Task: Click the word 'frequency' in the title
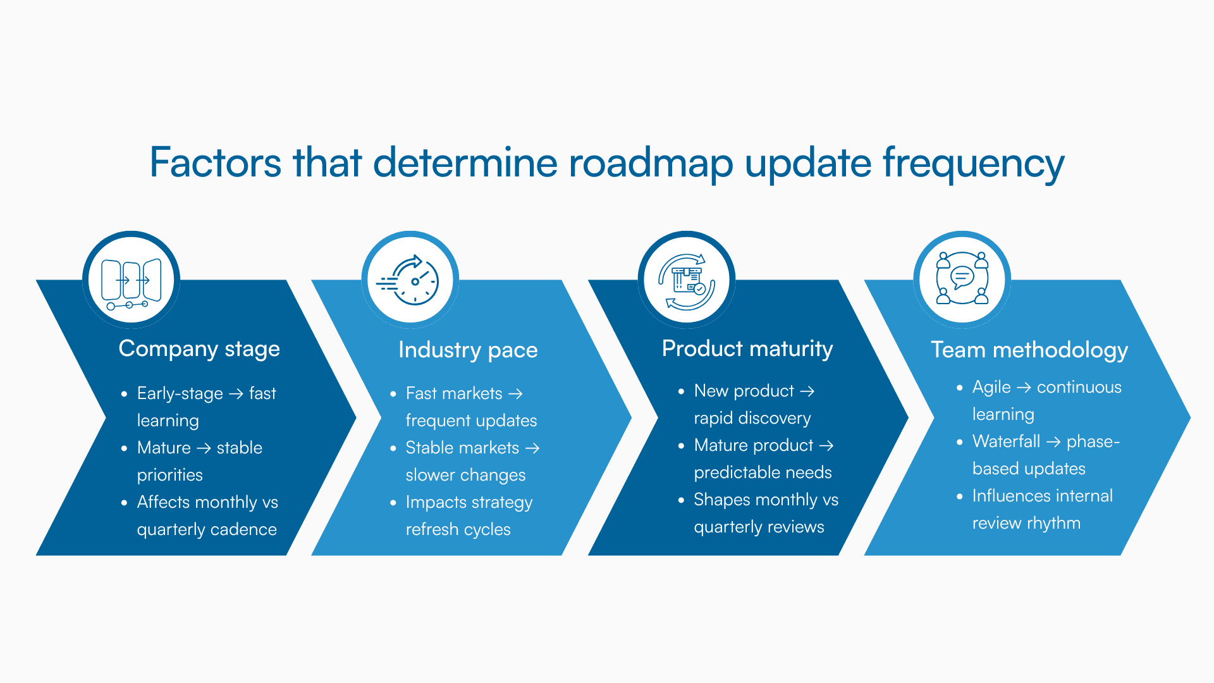click(x=973, y=163)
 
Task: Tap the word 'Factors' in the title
click(x=215, y=163)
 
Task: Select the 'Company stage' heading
click(x=199, y=348)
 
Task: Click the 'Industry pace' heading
click(x=468, y=350)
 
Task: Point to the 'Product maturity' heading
click(x=747, y=348)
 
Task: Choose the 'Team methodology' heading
click(x=1029, y=350)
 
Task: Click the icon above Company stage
click(x=132, y=280)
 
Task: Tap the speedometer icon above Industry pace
click(x=410, y=280)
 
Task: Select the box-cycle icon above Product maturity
click(x=687, y=280)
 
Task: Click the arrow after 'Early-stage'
click(x=236, y=394)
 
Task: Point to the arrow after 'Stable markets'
click(x=532, y=448)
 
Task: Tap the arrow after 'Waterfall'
click(x=1053, y=442)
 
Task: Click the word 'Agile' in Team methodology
click(x=991, y=387)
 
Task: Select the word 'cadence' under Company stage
click(x=243, y=529)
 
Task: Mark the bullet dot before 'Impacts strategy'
click(x=393, y=503)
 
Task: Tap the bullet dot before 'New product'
click(x=681, y=391)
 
